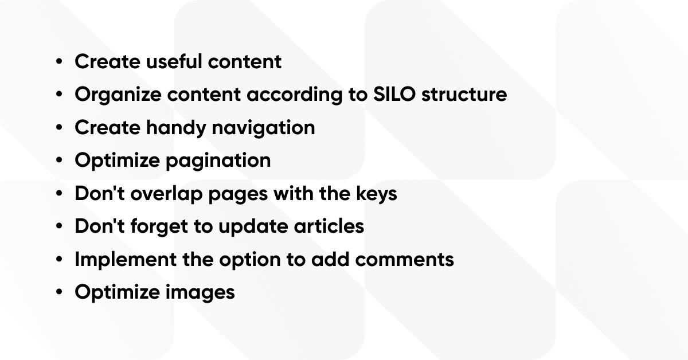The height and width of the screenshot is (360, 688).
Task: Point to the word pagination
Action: (x=218, y=161)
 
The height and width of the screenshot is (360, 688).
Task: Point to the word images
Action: (x=200, y=293)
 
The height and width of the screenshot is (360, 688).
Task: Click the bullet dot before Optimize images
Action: (x=59, y=293)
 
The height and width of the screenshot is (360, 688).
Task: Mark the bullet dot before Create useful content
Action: (x=59, y=61)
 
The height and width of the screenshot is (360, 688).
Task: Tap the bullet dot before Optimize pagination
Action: (x=59, y=161)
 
